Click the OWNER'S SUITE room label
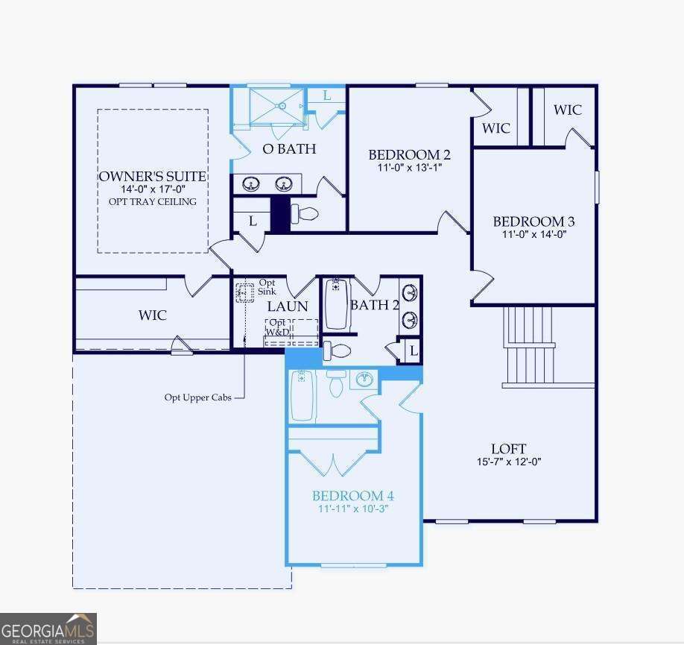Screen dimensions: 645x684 coord(153,176)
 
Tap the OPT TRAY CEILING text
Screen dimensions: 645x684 coord(153,201)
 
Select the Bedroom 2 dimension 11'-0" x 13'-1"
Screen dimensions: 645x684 coord(409,169)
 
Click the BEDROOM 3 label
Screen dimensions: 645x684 coord(533,221)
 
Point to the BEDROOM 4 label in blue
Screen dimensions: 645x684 coord(352,496)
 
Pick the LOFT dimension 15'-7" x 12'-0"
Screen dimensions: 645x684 coord(509,462)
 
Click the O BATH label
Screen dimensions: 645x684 coord(289,149)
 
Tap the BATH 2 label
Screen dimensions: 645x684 coord(370,305)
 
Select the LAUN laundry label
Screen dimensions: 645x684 coord(288,306)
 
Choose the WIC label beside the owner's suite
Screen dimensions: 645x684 coord(152,315)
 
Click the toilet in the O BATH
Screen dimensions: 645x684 coord(304,214)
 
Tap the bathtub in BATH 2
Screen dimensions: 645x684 coord(337,305)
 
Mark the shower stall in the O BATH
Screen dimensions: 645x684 coord(276,106)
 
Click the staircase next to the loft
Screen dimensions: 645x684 coord(530,347)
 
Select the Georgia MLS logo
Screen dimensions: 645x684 coord(48,629)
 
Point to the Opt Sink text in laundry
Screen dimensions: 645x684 coord(267,287)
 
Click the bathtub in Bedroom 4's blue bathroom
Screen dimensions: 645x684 coord(302,395)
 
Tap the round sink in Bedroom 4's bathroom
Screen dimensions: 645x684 coord(363,380)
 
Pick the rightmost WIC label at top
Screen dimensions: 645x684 coord(567,110)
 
